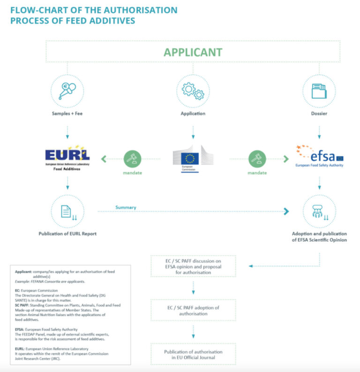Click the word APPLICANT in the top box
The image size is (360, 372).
coord(193,52)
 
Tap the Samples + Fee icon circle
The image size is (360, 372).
coord(67,91)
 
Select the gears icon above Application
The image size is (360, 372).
coord(193,91)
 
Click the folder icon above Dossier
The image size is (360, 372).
coord(319,91)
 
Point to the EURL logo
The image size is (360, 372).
coord(67,156)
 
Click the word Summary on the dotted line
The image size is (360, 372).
coord(126,207)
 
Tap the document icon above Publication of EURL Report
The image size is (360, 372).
coord(67,212)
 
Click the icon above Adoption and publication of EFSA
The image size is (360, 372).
coord(319,212)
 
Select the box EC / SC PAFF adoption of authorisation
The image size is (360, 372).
coord(193,310)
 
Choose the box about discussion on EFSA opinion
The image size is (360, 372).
coord(193,266)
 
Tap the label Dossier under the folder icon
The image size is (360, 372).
coord(319,114)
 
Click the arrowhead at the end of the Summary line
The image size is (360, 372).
coord(286,212)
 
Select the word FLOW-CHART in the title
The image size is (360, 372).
coord(34,10)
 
